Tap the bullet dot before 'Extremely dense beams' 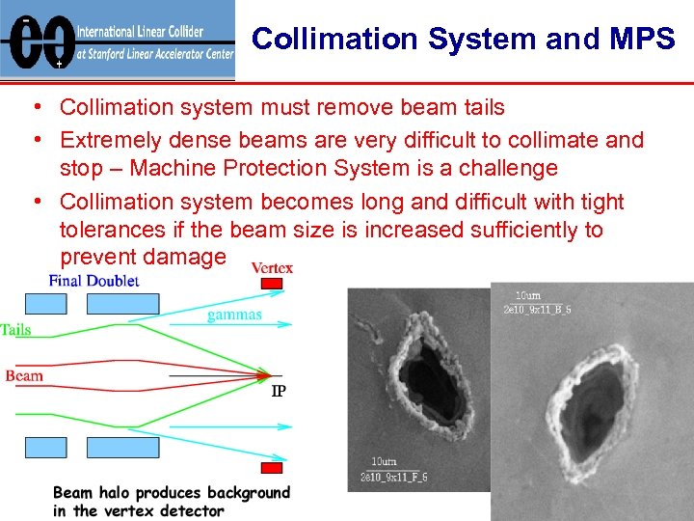coord(34,141)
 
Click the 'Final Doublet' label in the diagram coord(93,281)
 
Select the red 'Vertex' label coord(272,267)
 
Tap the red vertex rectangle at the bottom coord(272,468)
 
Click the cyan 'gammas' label coord(234,315)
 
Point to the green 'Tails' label coord(16,330)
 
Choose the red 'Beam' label coord(24,375)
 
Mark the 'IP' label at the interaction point coord(278,391)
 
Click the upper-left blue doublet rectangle coord(42,304)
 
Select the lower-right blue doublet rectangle coord(122,448)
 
